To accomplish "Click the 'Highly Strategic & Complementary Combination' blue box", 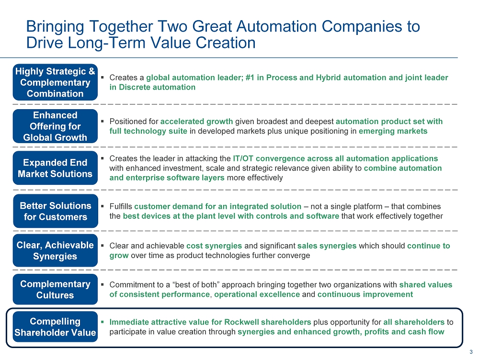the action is [55, 82].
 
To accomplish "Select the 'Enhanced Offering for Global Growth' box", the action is [55, 126].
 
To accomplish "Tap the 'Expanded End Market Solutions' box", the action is [55, 168].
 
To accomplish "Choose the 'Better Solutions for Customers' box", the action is [56, 211].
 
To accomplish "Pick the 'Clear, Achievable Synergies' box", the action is [55, 250].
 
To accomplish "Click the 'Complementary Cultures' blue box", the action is [55, 289].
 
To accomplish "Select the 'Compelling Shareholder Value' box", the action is [55, 326].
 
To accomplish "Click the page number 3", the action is [471, 352].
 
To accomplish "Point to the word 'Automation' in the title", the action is [276, 26].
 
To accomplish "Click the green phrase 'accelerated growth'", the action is [197, 122].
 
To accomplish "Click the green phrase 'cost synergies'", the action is [214, 246].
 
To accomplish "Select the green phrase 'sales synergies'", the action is [327, 246].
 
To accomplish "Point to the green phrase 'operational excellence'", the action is [257, 294].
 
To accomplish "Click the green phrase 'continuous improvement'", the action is [365, 294].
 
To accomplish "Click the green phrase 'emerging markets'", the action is [393, 131].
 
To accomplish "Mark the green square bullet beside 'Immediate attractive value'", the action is [103, 322].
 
